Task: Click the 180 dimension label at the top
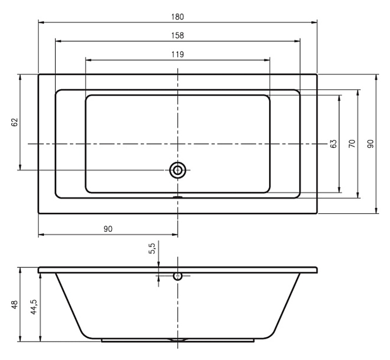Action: [178, 17]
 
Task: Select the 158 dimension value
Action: [178, 36]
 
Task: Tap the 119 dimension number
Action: [178, 54]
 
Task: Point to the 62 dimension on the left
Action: [15, 122]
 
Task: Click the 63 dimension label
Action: [334, 144]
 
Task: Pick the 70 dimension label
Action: [352, 144]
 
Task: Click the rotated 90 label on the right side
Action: [370, 144]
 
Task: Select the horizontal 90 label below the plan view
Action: [108, 229]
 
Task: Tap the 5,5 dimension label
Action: [152, 249]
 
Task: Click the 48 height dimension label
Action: [15, 304]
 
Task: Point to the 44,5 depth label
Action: [34, 307]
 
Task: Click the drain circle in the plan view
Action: [178, 170]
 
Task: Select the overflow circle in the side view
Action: [178, 276]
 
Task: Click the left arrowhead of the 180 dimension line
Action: [41, 22]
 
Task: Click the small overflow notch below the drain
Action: [178, 197]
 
